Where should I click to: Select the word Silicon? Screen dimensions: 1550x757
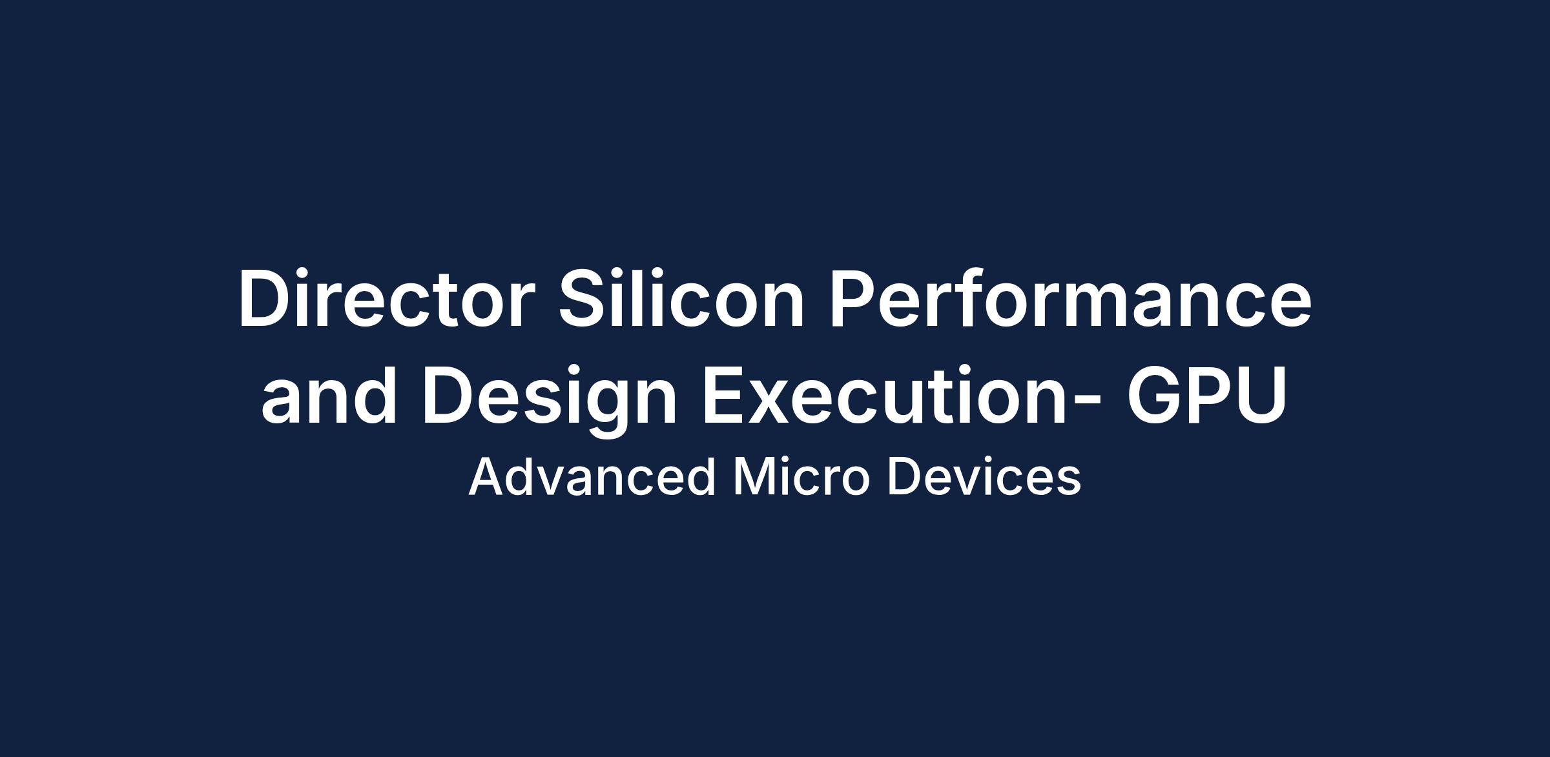click(x=681, y=298)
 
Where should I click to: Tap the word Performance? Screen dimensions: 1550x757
click(x=1070, y=298)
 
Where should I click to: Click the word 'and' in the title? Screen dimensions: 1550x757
click(x=328, y=394)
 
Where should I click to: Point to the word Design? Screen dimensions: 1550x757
click(x=550, y=400)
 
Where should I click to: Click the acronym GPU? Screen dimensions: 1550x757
click(x=1206, y=394)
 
